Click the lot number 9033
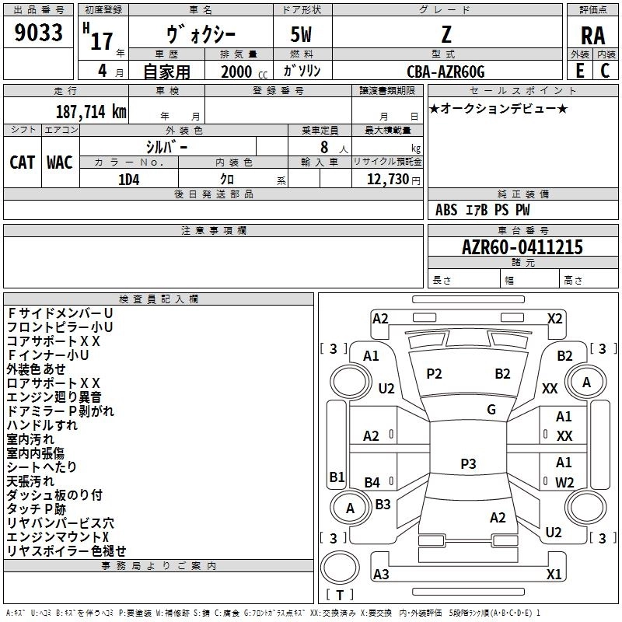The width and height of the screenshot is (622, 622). (x=38, y=34)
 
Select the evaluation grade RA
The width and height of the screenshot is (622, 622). (x=592, y=36)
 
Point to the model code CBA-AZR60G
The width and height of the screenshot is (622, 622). (x=446, y=72)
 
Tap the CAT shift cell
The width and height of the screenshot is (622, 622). (x=22, y=162)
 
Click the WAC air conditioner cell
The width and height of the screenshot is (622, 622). (x=60, y=162)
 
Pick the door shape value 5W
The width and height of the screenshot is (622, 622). (x=302, y=36)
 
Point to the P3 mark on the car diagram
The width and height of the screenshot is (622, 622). (x=468, y=463)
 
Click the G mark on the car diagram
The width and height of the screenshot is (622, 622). (x=491, y=410)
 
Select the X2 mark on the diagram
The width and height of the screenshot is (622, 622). (x=554, y=318)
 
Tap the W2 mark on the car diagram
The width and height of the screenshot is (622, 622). (x=564, y=482)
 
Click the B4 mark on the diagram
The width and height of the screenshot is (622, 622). (x=372, y=482)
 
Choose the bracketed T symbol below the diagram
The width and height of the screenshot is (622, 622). (x=340, y=595)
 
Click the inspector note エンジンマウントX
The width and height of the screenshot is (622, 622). (x=58, y=536)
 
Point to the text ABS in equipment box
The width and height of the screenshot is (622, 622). (x=447, y=210)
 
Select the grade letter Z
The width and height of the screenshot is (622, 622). (x=446, y=36)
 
